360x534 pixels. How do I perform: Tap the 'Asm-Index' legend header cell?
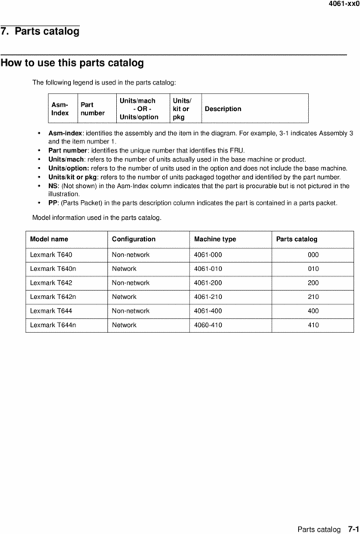(x=60, y=109)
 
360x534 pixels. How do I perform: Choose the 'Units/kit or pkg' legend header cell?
(x=182, y=109)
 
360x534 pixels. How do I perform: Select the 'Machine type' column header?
(x=215, y=239)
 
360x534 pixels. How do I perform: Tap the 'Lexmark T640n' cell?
(x=53, y=268)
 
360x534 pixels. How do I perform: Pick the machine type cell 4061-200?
(x=214, y=282)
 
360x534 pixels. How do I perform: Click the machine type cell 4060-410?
(x=214, y=326)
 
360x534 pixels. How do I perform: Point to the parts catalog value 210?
(x=312, y=297)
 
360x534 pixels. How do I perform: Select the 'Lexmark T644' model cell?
(x=51, y=311)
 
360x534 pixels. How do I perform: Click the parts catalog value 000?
(x=312, y=255)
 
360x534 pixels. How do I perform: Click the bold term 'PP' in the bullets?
(x=54, y=202)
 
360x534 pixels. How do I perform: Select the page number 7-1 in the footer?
(x=353, y=528)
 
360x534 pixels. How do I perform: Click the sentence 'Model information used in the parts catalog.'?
(x=97, y=218)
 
